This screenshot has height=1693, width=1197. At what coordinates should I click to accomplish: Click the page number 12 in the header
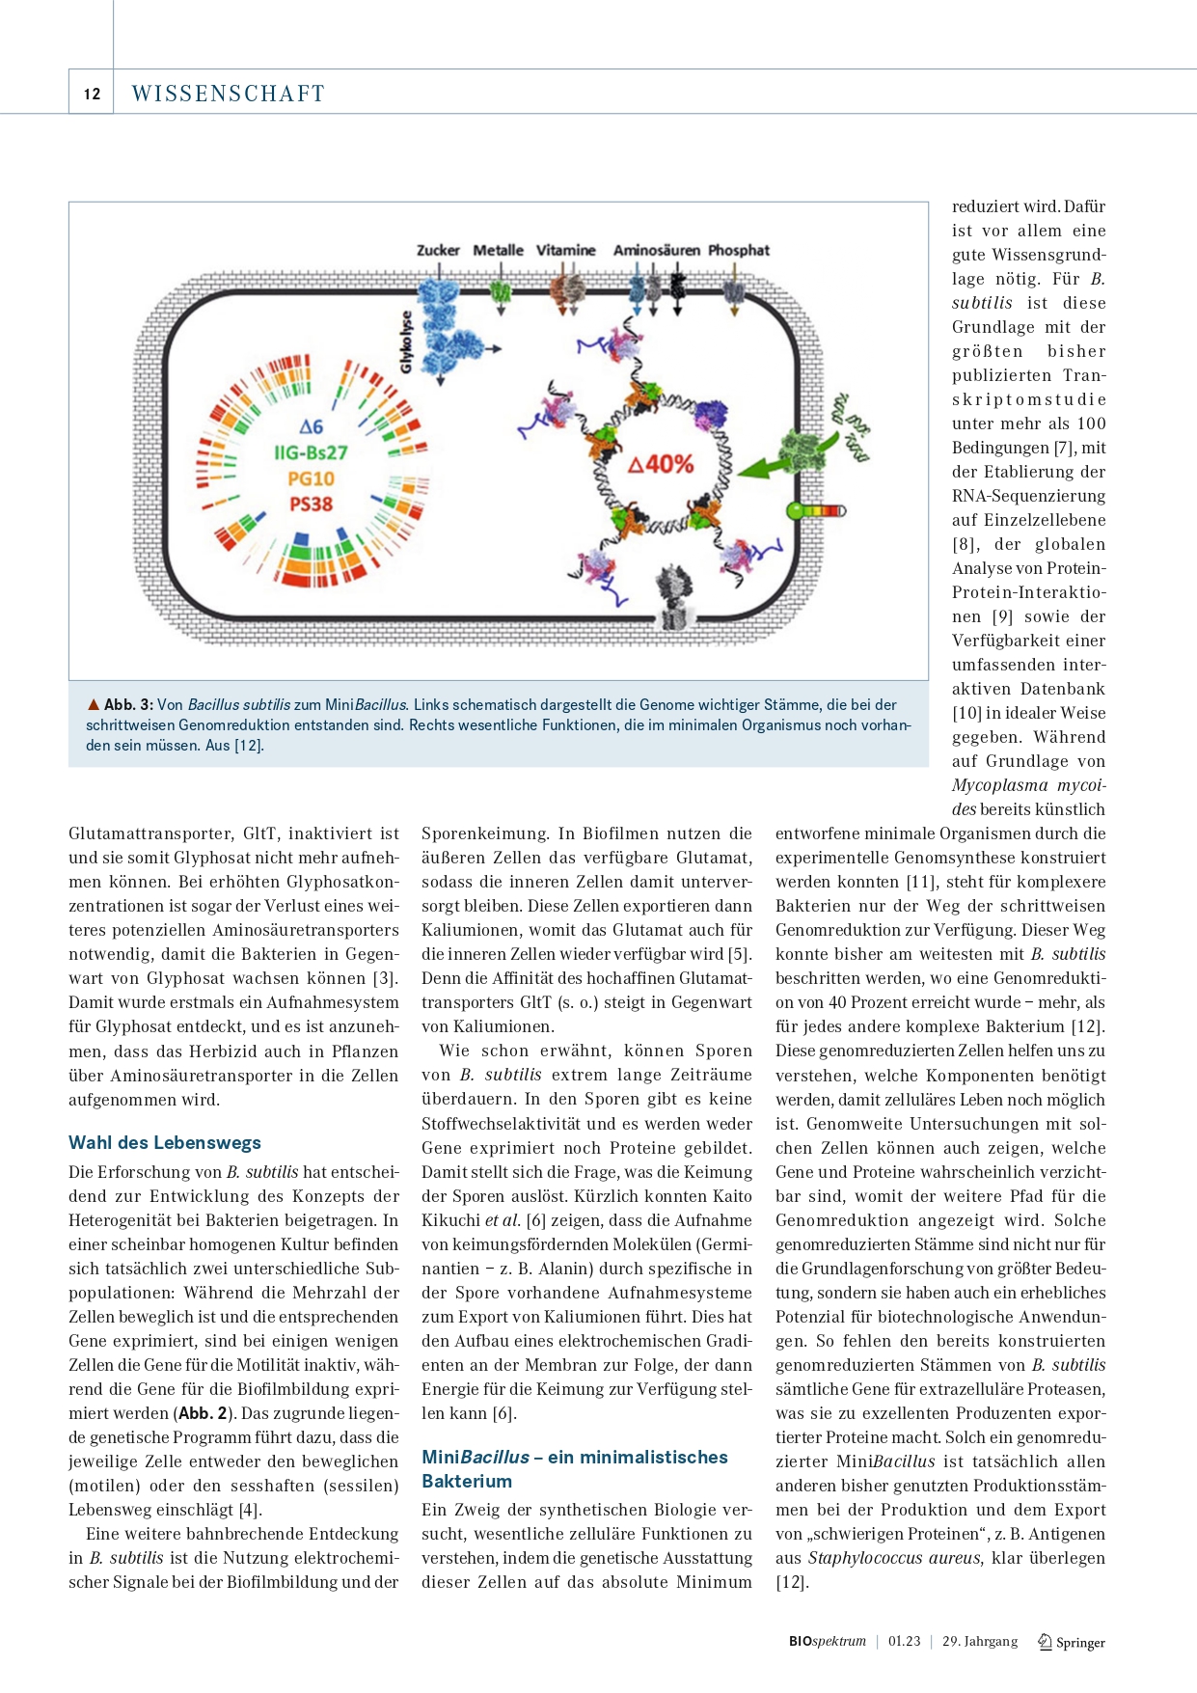click(92, 94)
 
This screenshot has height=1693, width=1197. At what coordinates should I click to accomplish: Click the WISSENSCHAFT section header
click(228, 94)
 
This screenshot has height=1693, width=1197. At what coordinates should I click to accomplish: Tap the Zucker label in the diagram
click(438, 250)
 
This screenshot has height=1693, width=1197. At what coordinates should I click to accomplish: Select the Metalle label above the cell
click(498, 250)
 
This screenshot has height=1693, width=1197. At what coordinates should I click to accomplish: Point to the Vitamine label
click(565, 250)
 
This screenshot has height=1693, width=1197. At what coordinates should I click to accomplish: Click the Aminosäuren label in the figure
click(656, 250)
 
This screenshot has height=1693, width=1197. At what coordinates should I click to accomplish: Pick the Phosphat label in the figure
click(739, 250)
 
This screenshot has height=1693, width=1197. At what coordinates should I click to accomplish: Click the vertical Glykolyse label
click(406, 341)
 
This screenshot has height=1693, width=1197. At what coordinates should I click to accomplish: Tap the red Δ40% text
click(661, 465)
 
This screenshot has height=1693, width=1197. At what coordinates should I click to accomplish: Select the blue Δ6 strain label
click(311, 426)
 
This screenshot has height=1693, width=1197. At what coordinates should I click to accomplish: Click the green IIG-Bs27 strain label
click(311, 452)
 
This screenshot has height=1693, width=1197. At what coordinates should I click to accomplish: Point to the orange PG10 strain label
click(311, 478)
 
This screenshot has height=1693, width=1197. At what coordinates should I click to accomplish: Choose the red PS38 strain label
click(311, 504)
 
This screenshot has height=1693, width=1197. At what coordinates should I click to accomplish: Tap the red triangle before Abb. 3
click(94, 704)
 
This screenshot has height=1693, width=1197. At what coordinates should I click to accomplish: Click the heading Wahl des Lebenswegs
click(165, 1142)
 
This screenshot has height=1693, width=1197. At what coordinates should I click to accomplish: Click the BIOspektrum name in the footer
click(827, 1641)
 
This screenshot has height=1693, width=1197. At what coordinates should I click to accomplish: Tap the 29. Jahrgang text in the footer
click(979, 1641)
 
